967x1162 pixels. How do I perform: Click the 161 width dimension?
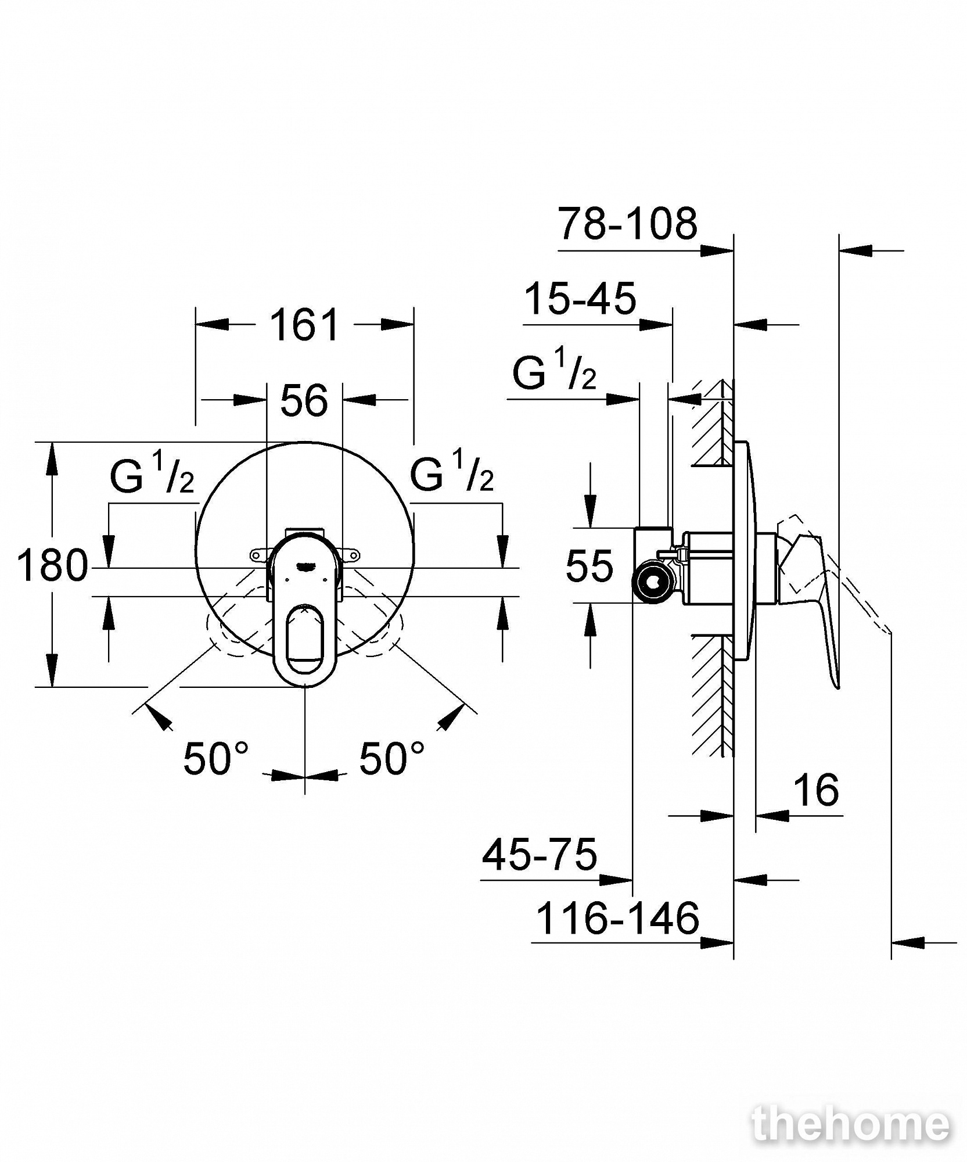click(x=304, y=325)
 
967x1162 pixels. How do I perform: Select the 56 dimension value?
click(x=304, y=400)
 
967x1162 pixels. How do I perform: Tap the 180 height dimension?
click(x=52, y=565)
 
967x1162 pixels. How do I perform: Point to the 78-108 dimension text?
click(x=628, y=223)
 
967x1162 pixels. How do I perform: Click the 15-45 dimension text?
click(x=580, y=299)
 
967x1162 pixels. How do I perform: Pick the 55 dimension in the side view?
click(x=589, y=565)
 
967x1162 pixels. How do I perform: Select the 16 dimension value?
click(x=816, y=790)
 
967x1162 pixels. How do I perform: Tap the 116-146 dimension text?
click(x=617, y=919)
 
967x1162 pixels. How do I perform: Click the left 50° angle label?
click(x=215, y=759)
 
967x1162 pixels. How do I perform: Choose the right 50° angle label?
click(x=391, y=759)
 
